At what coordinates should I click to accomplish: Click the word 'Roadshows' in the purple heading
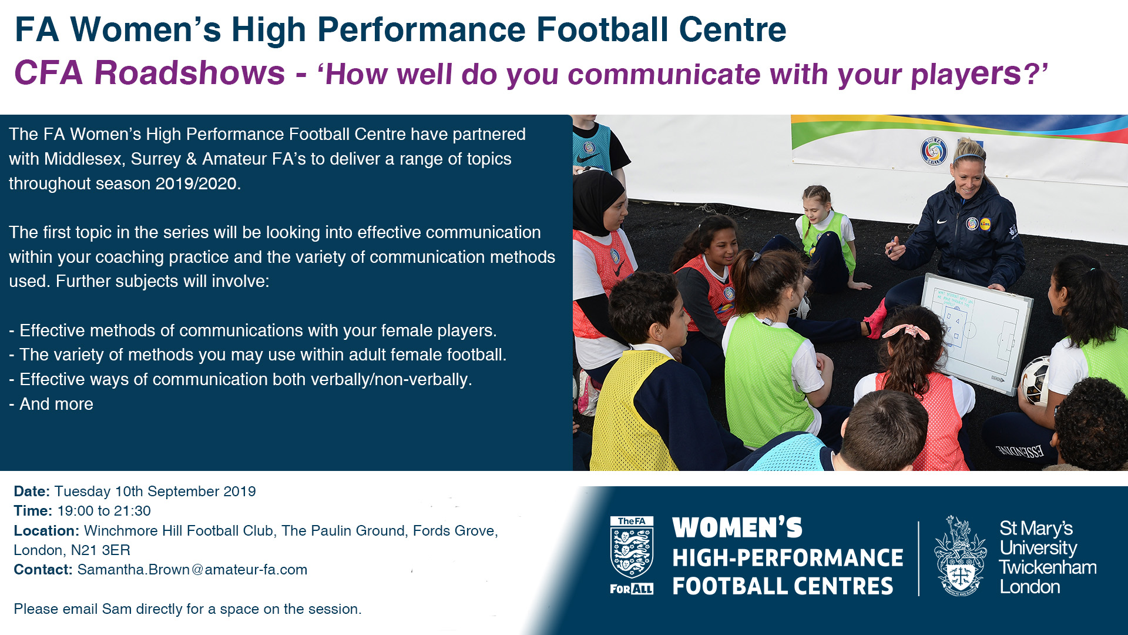pos(190,73)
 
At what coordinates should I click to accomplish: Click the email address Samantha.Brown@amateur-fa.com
pos(192,570)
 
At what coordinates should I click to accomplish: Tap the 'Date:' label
pos(32,492)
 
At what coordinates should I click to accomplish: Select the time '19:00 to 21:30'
pos(104,511)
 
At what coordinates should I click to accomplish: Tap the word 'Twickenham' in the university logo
pos(1048,567)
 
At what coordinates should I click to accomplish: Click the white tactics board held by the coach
pos(976,332)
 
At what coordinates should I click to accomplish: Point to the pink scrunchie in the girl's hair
pos(906,331)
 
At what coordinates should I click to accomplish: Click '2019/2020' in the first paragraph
pos(196,183)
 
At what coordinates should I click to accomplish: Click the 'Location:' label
pos(46,531)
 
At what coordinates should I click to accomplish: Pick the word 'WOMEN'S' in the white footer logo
pos(737,528)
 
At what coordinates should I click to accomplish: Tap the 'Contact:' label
pos(43,570)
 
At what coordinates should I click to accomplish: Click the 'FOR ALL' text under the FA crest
pos(632,589)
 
